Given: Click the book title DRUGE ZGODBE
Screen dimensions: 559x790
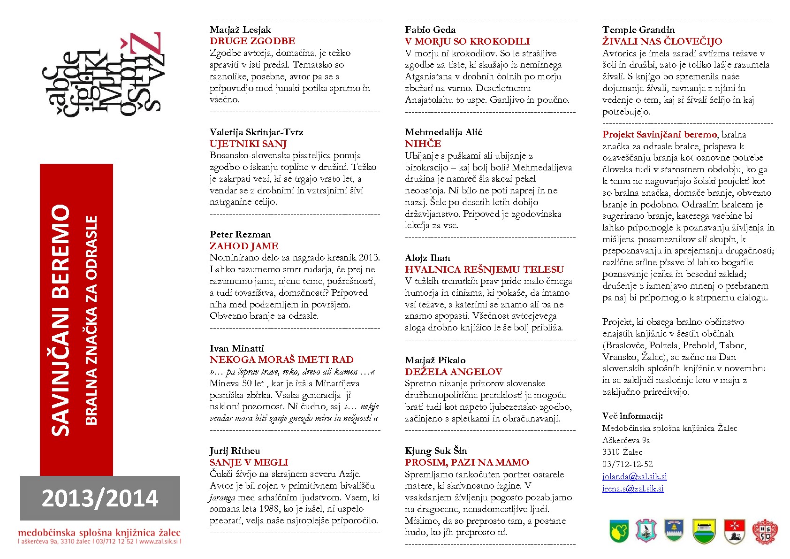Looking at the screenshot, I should pyautogui.click(x=252, y=41).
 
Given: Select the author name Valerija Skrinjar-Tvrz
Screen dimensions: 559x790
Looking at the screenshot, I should pyautogui.click(x=256, y=132).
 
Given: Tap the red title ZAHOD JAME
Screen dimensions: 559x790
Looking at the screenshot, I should pyautogui.click(x=243, y=246).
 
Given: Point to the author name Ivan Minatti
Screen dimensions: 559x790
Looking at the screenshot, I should pyautogui.click(x=236, y=348).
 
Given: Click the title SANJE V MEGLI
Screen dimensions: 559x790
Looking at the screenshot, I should pyautogui.click(x=249, y=462).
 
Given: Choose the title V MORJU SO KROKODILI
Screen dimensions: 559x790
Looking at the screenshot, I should pyautogui.click(x=467, y=41).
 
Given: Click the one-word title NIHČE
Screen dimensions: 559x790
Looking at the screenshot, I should pyautogui.click(x=423, y=144).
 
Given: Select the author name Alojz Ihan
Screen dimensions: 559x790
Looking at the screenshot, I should pyautogui.click(x=427, y=258).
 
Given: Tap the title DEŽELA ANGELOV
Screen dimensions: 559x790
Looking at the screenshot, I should pyautogui.click(x=453, y=372).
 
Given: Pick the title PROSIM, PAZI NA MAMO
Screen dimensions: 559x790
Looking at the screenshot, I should pyautogui.click(x=467, y=462).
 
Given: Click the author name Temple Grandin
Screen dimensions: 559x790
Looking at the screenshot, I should pyautogui.click(x=638, y=30).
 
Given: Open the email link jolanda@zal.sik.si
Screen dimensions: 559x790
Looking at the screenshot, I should pyautogui.click(x=634, y=476).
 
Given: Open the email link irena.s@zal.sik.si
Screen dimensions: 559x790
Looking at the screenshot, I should pyautogui.click(x=633, y=489).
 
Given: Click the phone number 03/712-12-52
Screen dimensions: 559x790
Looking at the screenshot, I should pyautogui.click(x=627, y=464).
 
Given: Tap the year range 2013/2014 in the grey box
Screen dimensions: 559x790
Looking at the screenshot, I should pyautogui.click(x=100, y=498).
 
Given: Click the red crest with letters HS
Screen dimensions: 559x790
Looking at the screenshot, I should pyautogui.click(x=765, y=531).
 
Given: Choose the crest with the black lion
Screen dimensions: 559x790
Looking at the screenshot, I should pyautogui.click(x=734, y=531).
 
